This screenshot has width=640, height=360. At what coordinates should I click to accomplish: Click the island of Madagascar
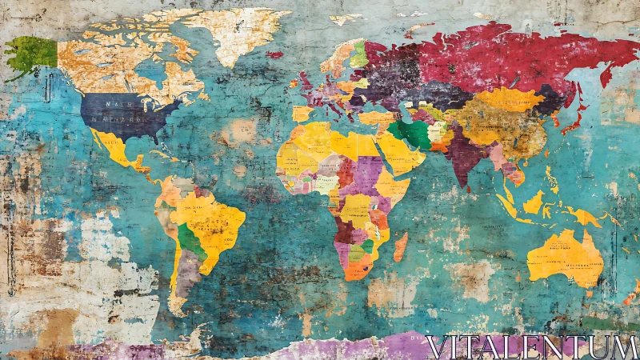(400, 246)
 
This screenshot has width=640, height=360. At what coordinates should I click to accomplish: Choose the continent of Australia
(565, 257)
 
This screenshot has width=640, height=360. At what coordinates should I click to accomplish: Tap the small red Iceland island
(275, 54)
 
